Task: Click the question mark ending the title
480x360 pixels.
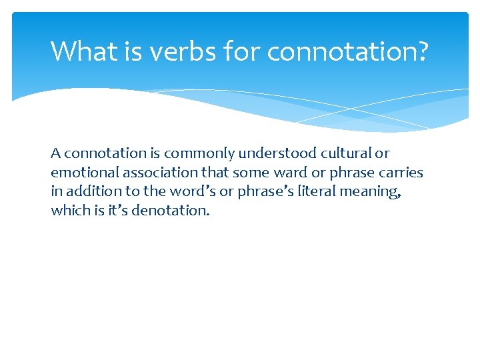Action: [421, 51]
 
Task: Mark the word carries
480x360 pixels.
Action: [401, 173]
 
